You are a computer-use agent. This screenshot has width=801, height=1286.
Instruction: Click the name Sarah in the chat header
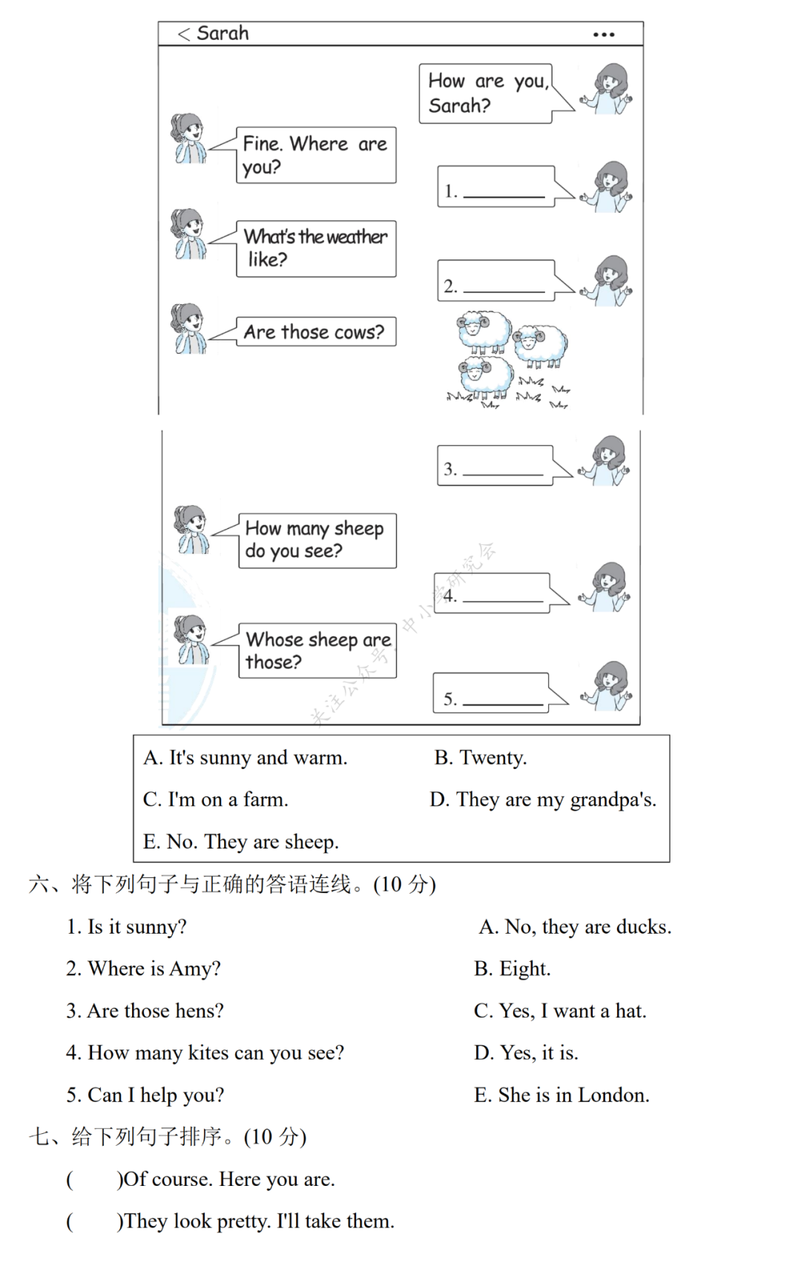pyautogui.click(x=222, y=33)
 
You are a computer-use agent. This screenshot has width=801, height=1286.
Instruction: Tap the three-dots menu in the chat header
pyautogui.click(x=604, y=35)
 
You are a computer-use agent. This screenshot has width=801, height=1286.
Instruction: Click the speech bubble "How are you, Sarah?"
pyautogui.click(x=487, y=93)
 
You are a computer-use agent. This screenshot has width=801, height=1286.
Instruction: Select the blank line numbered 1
pyautogui.click(x=504, y=194)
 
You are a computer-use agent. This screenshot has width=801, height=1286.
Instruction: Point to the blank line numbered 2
pyautogui.click(x=504, y=289)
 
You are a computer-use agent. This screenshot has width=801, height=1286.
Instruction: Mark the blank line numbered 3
pyautogui.click(x=503, y=472)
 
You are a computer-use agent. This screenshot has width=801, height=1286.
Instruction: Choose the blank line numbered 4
pyautogui.click(x=503, y=599)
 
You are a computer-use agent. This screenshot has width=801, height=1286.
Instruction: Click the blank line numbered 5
pyautogui.click(x=503, y=702)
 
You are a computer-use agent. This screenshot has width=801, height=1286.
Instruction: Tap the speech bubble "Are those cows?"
pyautogui.click(x=315, y=332)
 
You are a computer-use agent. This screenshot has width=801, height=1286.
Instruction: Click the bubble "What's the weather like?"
pyautogui.click(x=316, y=248)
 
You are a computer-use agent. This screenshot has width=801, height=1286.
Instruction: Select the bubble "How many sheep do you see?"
pyautogui.click(x=317, y=540)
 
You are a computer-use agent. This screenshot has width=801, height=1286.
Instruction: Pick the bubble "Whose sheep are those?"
pyautogui.click(x=317, y=650)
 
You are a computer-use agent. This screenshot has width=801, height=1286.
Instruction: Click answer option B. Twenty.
pyautogui.click(x=481, y=757)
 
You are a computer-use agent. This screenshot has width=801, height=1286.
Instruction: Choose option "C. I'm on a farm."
pyautogui.click(x=216, y=799)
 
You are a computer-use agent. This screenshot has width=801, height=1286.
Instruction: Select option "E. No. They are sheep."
pyautogui.click(x=241, y=842)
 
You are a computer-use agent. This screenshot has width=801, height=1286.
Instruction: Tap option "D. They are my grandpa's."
pyautogui.click(x=543, y=799)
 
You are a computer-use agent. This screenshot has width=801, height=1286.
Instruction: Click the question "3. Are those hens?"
pyautogui.click(x=145, y=1011)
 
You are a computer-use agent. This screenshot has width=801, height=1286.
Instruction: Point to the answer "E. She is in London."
pyautogui.click(x=561, y=1095)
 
